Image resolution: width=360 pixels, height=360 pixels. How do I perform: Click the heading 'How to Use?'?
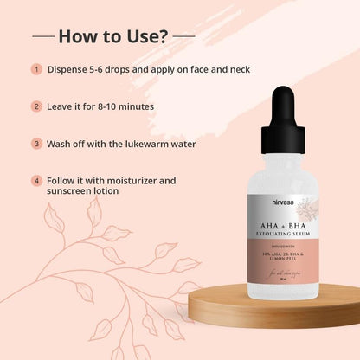pos(112,37)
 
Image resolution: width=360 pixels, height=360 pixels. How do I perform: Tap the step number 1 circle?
pos(36,69)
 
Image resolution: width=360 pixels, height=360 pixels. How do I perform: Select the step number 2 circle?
pos(36,106)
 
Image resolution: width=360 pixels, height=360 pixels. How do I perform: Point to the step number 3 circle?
pos(36,143)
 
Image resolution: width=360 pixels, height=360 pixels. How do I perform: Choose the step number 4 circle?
pos(36,181)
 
